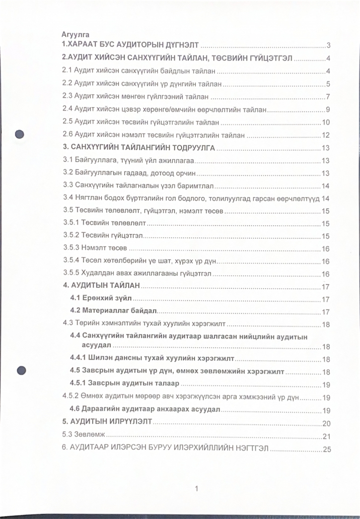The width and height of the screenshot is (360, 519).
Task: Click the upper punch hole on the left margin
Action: [20, 134]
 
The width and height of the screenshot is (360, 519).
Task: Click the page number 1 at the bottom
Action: [196, 488]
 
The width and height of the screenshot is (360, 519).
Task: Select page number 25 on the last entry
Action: [326, 448]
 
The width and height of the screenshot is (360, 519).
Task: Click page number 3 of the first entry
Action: [328, 45]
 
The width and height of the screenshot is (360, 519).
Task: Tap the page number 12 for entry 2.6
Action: [325, 135]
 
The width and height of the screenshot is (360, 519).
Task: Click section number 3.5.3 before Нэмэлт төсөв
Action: [70, 248]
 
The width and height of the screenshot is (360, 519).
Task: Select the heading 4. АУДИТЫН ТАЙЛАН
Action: [101, 286]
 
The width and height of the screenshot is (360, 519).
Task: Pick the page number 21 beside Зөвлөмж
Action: [326, 436]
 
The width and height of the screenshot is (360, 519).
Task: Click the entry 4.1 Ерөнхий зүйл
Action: [101, 299]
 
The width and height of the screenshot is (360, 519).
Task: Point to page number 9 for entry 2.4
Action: [327, 109]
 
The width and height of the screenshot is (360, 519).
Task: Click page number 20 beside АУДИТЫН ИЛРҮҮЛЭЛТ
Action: [326, 423]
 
